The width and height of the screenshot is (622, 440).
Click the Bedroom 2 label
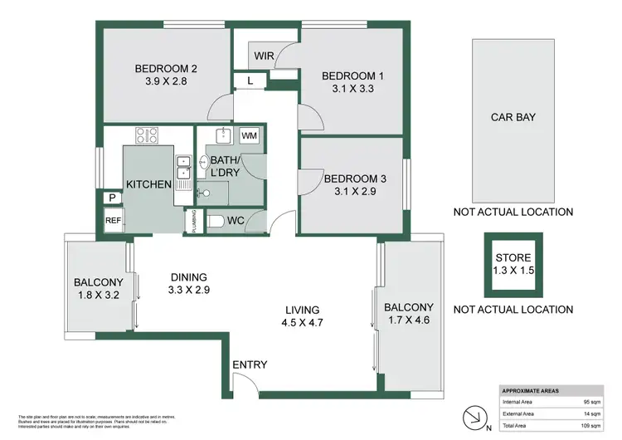pos(166,70)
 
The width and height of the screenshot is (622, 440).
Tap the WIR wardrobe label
pos(263,56)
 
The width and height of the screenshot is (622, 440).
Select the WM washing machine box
pos(249,135)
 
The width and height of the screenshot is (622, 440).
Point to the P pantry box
pos(110,198)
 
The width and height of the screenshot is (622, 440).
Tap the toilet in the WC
pos(217,222)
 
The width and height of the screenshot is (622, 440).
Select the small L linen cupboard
pos(250,81)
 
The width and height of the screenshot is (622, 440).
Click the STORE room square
pos(512,262)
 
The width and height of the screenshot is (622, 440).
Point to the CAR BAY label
pos(512,117)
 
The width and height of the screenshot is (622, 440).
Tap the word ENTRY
pos(250,365)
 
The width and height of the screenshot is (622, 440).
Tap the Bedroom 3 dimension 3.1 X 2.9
pos(355,192)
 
